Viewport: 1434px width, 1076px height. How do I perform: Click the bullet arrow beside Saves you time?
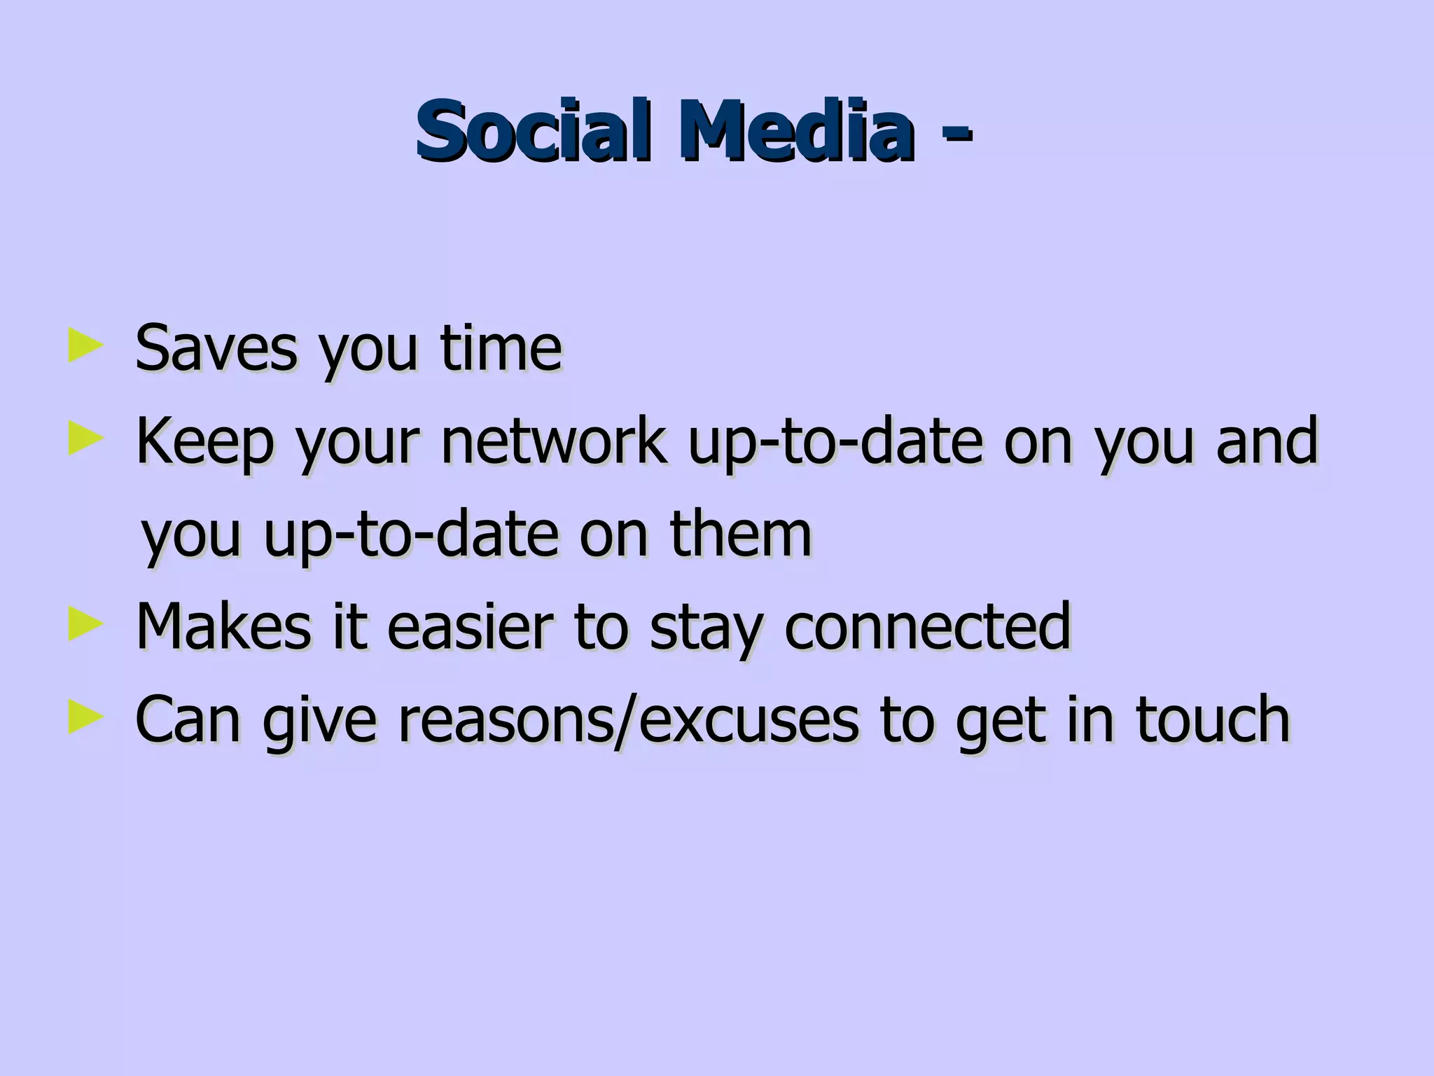coord(85,347)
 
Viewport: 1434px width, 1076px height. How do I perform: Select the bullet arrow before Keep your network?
coord(85,441)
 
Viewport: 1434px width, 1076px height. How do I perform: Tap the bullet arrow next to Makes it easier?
coord(85,626)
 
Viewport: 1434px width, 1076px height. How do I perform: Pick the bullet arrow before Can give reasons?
coord(85,719)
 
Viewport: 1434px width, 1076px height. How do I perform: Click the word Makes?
coord(223,626)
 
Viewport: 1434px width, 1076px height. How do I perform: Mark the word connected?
coord(927,626)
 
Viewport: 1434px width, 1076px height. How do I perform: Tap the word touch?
coord(1212,719)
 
